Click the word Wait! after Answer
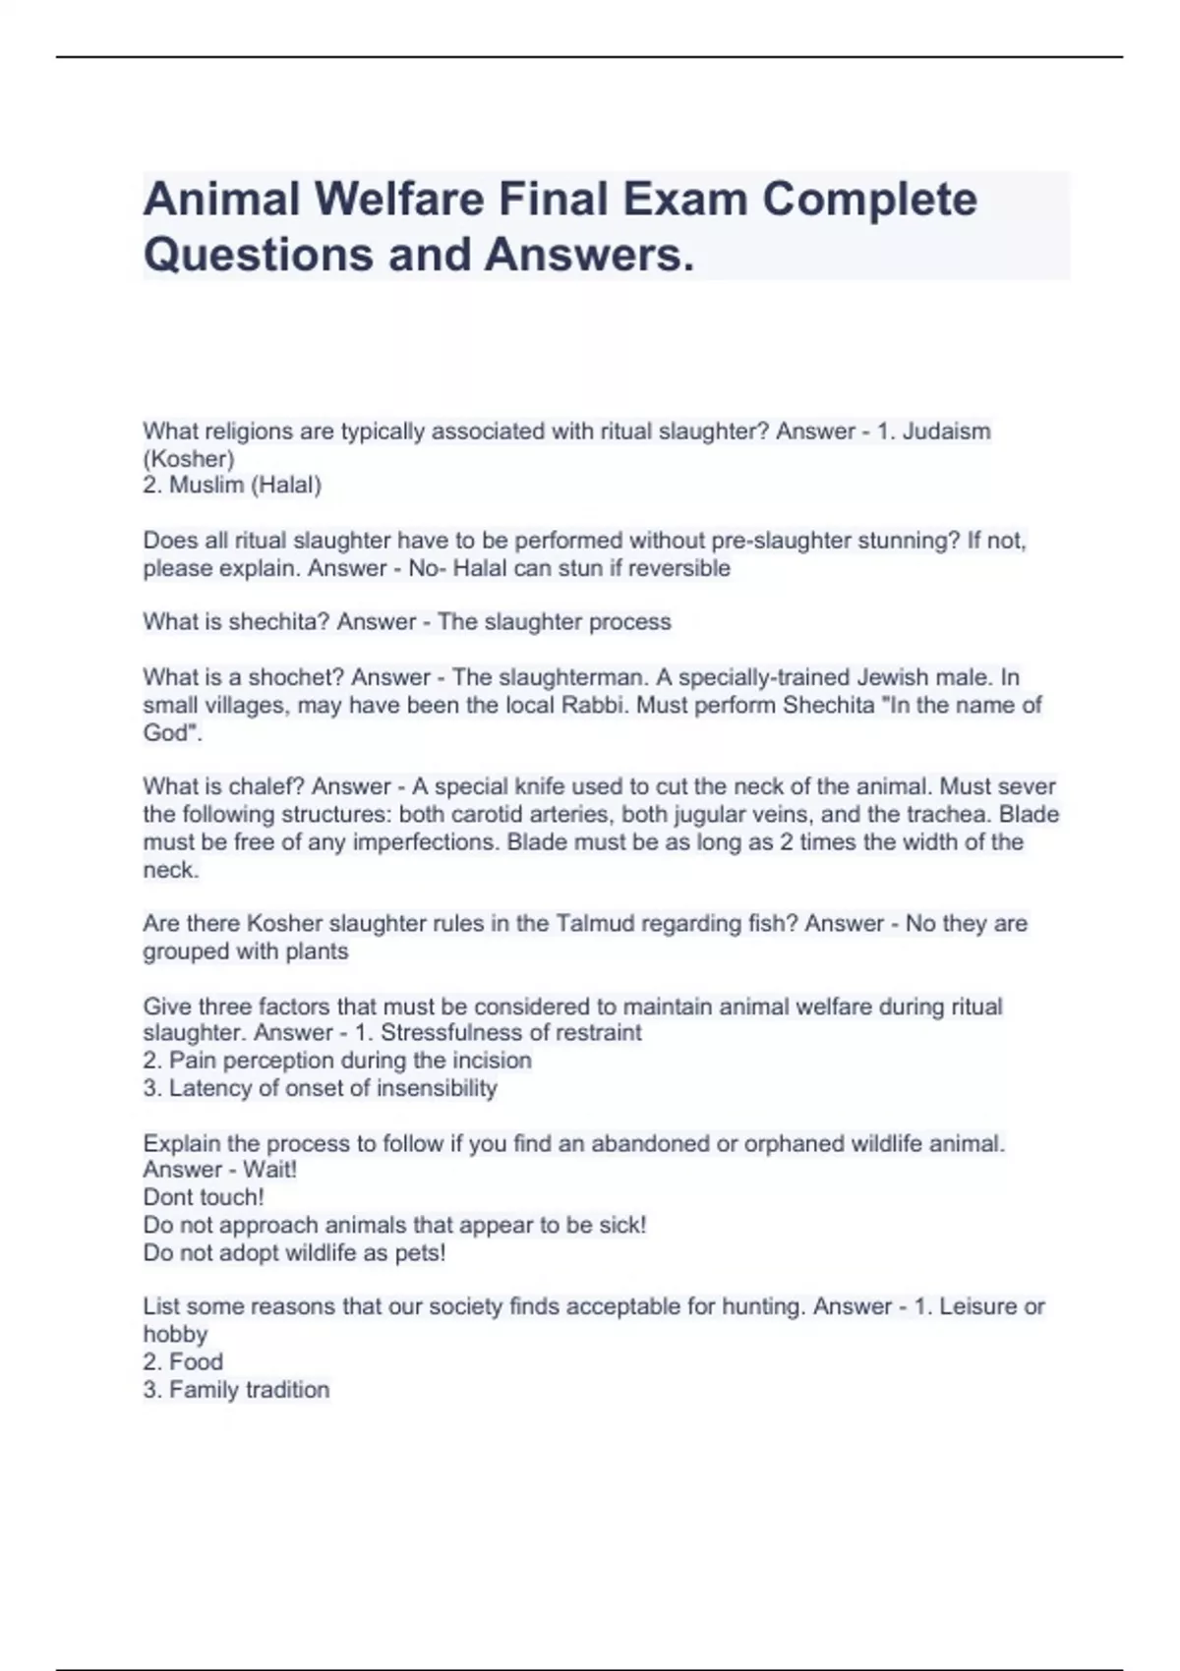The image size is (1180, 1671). click(x=269, y=1170)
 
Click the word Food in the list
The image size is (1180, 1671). click(x=197, y=1361)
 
